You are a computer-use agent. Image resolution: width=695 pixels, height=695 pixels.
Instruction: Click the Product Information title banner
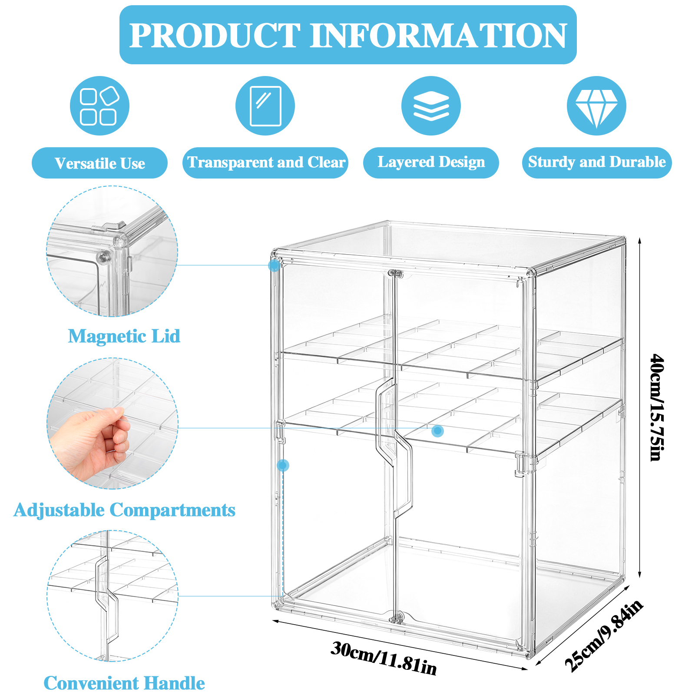point(348,35)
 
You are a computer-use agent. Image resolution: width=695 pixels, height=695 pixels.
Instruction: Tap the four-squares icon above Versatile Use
point(99,106)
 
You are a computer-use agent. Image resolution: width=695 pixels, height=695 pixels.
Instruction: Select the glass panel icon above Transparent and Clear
point(265,106)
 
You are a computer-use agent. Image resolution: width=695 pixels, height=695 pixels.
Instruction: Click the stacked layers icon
point(431,106)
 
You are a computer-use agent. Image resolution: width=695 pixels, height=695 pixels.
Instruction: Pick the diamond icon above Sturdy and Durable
point(596,106)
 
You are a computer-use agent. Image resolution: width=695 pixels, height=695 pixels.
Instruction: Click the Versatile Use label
point(99,163)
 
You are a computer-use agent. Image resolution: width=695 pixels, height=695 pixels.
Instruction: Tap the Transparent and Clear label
point(265,162)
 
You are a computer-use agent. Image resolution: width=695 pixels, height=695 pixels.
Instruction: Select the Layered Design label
point(431,162)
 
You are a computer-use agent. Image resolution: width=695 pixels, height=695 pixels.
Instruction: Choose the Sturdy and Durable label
point(597,162)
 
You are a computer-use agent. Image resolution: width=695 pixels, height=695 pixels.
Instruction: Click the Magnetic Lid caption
point(124,336)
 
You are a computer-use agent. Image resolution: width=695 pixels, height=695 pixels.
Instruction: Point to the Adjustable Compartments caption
point(124,510)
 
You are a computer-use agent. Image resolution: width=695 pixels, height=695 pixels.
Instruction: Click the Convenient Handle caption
point(124,683)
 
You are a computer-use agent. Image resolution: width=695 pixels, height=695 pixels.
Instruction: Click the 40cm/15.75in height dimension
point(657,407)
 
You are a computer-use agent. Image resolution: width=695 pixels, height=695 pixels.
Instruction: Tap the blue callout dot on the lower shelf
point(437,431)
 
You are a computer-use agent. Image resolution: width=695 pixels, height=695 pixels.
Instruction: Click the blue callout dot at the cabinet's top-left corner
point(274,265)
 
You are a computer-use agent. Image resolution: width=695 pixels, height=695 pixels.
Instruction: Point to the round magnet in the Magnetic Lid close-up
point(103,257)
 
